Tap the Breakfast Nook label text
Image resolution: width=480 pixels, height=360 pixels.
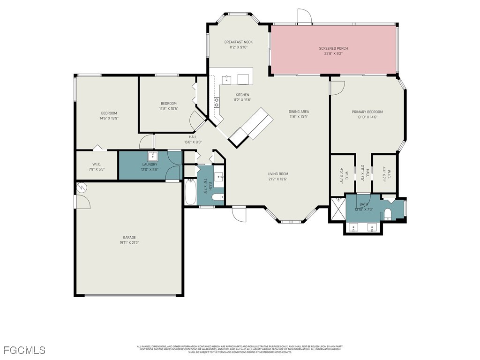[238, 42]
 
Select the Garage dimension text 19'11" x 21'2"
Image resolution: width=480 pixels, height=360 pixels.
[129, 243]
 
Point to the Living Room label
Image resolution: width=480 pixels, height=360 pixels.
[277, 174]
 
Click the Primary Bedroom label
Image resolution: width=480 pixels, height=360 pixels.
[367, 112]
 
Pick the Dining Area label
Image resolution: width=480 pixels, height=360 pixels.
[299, 112]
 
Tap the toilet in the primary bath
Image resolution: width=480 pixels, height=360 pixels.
[388, 214]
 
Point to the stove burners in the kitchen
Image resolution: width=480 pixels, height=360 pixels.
[217, 102]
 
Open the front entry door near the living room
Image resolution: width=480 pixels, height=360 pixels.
[239, 214]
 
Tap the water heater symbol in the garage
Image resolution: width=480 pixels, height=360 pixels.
[82, 187]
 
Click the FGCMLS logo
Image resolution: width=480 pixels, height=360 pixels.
[24, 350]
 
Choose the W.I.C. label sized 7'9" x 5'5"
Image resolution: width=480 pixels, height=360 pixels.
[97, 166]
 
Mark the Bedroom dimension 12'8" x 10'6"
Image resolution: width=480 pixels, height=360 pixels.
[168, 108]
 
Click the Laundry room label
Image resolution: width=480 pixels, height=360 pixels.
[150, 165]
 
